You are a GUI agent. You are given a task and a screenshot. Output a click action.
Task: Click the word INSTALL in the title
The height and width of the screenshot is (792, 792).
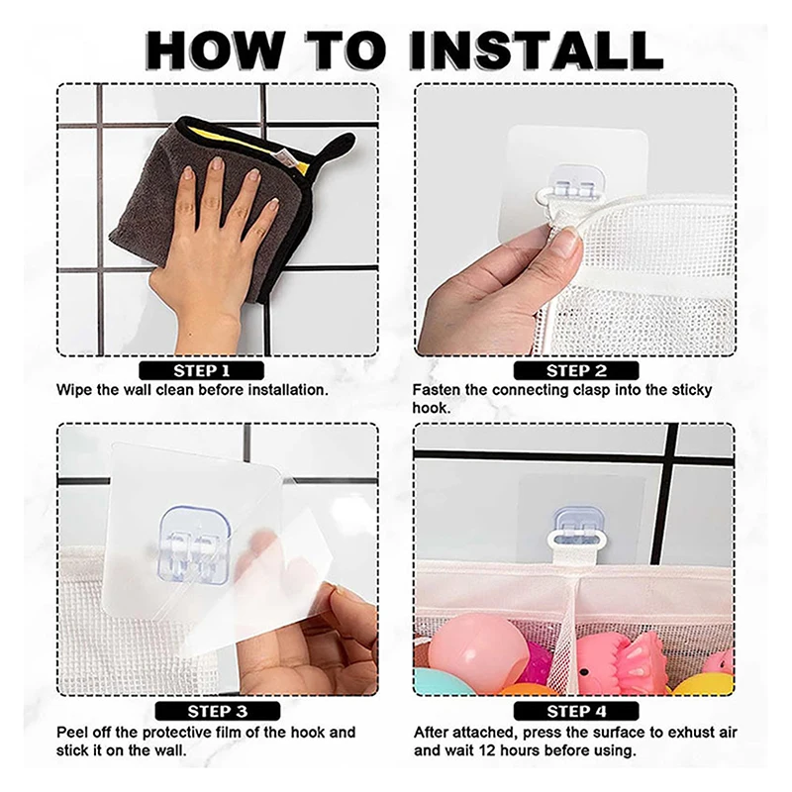point(536,50)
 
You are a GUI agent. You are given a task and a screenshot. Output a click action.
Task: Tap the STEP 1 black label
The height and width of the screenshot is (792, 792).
point(202,370)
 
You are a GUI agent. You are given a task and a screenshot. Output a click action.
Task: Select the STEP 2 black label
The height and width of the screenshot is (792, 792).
point(576,370)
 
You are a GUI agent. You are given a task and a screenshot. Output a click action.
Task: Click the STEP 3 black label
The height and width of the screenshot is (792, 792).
point(218,711)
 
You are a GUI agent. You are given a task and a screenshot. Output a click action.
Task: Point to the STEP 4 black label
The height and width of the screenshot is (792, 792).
point(576,711)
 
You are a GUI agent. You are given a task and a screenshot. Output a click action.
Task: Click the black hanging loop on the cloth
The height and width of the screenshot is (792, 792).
point(335,147)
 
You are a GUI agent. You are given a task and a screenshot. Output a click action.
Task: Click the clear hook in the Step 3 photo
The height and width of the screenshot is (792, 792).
point(196,544)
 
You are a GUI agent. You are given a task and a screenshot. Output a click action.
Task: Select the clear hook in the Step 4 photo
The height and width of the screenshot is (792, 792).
point(578,526)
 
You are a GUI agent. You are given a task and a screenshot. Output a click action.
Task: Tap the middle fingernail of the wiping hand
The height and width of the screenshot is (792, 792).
point(217,163)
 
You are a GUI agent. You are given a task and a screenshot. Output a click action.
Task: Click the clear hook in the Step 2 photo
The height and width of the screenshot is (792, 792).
point(577,182)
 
